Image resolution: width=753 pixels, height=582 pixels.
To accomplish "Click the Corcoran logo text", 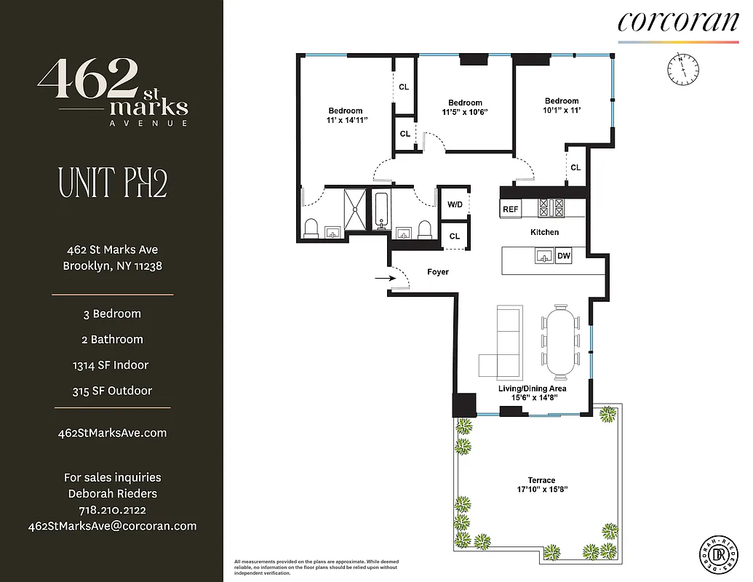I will pos(677,21).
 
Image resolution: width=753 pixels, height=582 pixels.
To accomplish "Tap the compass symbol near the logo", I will pos(683,69).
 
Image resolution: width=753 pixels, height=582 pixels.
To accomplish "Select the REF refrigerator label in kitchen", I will pos(511,210).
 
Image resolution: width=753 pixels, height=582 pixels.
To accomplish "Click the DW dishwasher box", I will pos(563,256).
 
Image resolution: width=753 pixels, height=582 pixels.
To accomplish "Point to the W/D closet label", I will pos(455,204).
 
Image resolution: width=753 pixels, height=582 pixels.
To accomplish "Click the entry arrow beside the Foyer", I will pos(382,277).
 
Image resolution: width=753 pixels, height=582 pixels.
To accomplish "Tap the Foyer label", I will pos(437,272).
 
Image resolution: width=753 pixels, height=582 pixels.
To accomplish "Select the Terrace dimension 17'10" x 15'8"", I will pos(541,490).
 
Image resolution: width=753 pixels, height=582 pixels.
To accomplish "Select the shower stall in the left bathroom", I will pos(356,210).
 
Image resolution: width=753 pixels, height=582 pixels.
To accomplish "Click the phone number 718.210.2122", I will pos(112,510).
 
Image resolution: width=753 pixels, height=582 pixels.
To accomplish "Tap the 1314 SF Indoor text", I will pos(112,365).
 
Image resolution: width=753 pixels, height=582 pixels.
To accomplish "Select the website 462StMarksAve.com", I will pos(112,433).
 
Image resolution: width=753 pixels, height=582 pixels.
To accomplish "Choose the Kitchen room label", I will pos(544,232).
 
